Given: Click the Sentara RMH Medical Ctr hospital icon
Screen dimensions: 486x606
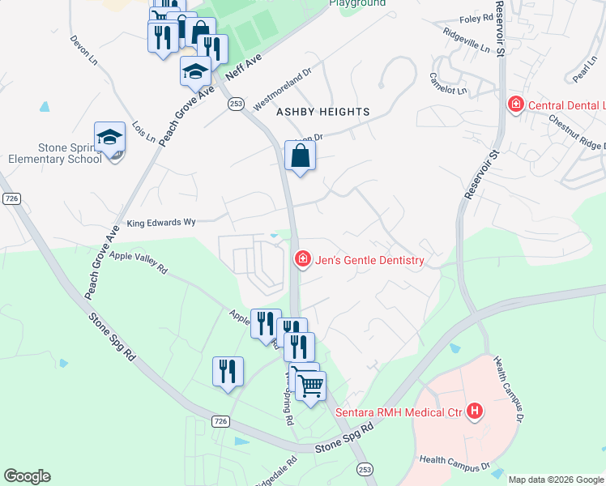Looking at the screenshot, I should point(475,412).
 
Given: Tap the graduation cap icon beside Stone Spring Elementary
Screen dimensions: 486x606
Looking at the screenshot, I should point(109,139).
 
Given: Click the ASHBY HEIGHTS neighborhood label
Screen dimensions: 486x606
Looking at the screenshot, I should point(323,112).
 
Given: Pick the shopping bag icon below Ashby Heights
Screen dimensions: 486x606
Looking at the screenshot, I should point(300,156).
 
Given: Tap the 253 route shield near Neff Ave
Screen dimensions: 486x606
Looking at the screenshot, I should point(236,104).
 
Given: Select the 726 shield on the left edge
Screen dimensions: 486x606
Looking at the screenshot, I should point(11,199).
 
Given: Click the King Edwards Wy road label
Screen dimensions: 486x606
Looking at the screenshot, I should point(161,221).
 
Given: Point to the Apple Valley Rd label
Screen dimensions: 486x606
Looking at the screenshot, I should point(138,262).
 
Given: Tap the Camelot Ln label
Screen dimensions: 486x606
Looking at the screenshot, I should point(449,83).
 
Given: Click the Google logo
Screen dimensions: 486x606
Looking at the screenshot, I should point(27,476).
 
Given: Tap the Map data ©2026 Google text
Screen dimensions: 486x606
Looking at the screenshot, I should point(556,480).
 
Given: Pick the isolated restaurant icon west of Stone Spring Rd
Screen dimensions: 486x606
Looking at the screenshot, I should point(228,371).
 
